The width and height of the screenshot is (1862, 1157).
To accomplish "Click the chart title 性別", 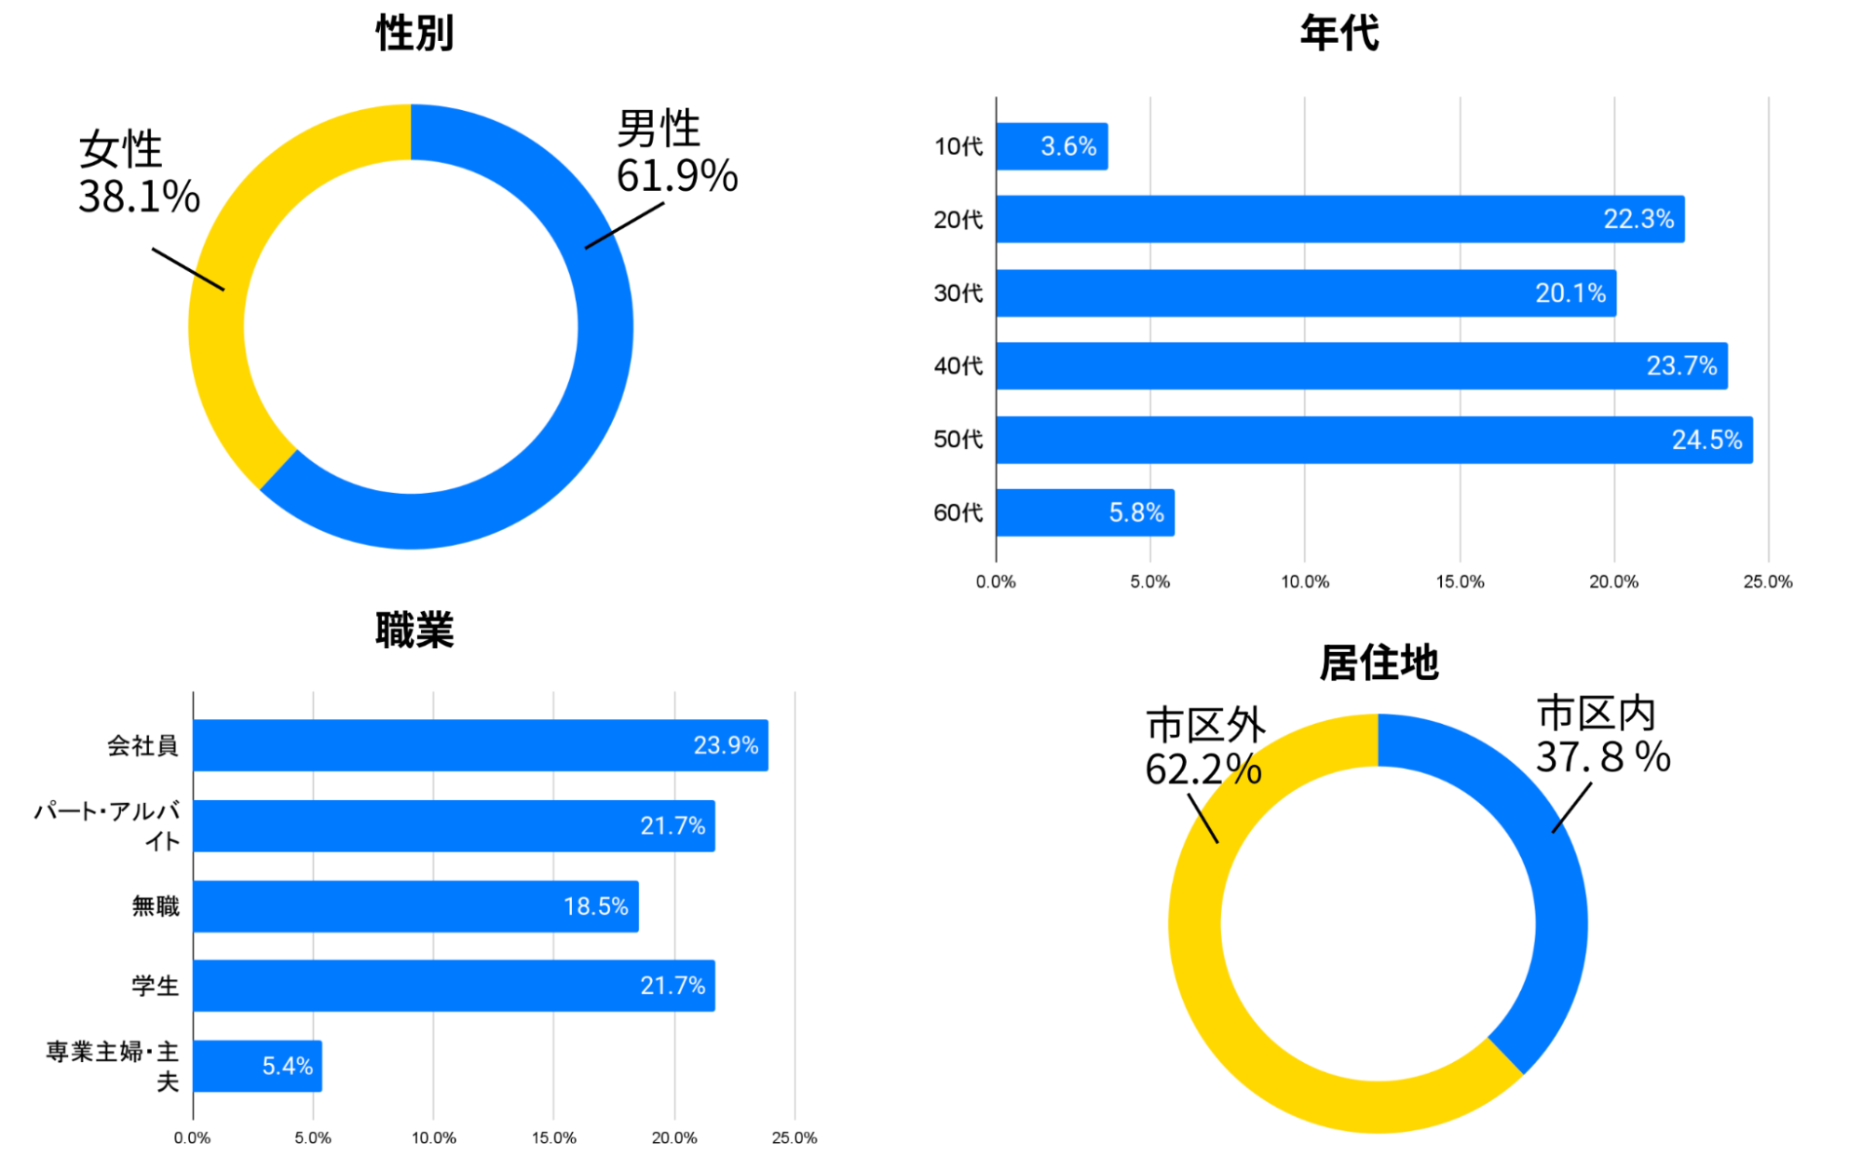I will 415,34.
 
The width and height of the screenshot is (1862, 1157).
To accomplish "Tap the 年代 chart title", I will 1339,34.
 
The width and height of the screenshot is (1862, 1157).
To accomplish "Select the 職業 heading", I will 415,630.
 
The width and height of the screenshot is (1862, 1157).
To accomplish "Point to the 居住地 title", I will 1379,663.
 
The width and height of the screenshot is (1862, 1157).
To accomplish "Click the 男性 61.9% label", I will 675,152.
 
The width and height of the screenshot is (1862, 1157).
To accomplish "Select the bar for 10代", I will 1052,146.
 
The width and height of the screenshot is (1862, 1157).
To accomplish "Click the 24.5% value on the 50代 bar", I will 1706,440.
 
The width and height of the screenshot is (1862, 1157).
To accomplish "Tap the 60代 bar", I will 1085,512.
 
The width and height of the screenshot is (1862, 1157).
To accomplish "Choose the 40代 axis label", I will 958,366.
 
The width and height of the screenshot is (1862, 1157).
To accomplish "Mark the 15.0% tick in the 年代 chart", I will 1459,582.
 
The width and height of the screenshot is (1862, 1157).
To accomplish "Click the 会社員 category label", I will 143,745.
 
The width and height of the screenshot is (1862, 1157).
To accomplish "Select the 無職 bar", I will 415,906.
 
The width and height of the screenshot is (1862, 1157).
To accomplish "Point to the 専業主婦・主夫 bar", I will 257,1066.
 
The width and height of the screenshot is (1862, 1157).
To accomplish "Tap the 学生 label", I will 155,986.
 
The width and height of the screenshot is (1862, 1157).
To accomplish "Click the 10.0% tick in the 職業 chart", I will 433,1138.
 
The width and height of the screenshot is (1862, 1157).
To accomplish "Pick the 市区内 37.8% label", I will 1601,735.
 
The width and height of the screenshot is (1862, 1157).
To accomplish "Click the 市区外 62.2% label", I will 1203,746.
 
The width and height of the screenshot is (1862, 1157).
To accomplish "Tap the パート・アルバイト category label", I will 108,825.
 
